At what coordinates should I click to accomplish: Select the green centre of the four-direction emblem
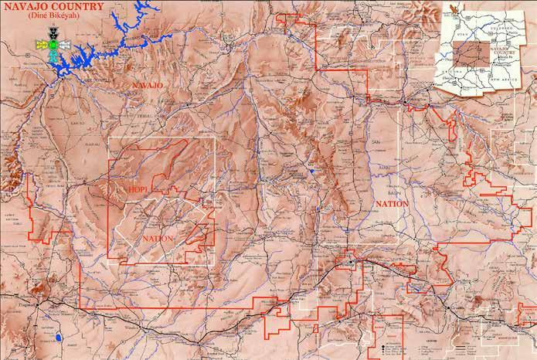coord(52,46)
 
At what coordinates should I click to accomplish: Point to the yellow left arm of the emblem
coord(41,46)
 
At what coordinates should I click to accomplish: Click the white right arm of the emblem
coord(63,46)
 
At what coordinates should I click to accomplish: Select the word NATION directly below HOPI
coord(158,239)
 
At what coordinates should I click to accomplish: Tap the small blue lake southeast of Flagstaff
coord(59,338)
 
